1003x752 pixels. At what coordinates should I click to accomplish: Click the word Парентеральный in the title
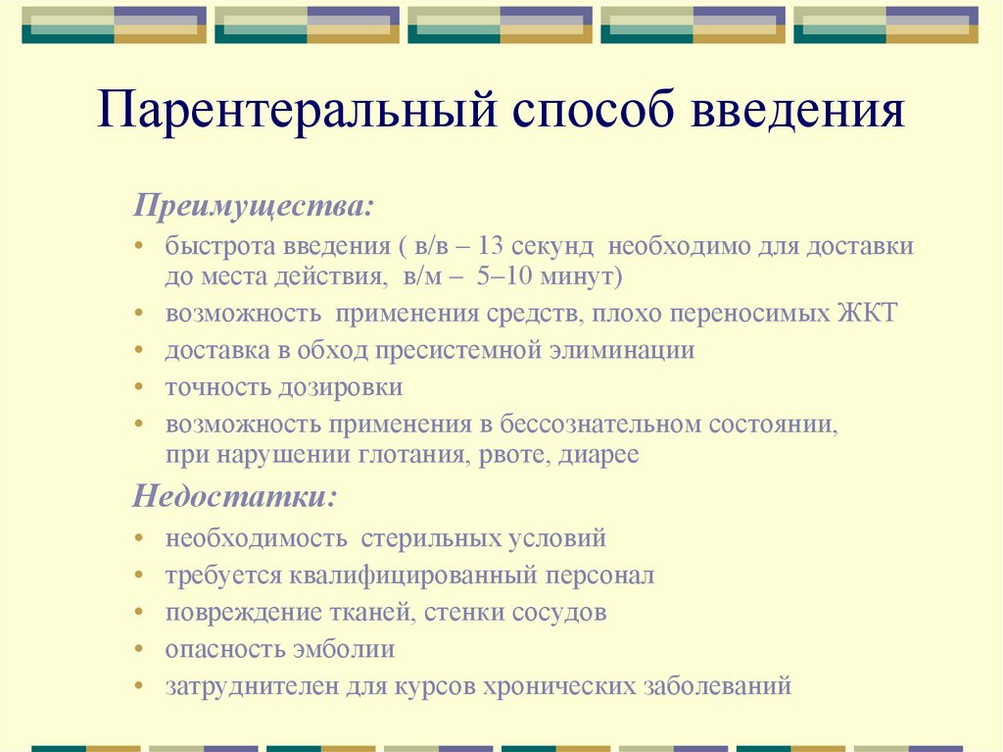[295, 112]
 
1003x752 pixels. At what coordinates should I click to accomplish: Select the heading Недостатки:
[234, 495]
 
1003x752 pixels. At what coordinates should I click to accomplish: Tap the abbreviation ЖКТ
[866, 314]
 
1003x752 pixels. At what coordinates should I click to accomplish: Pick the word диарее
[599, 455]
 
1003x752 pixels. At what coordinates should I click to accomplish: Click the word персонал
[599, 576]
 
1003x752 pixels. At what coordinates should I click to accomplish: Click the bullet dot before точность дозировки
[142, 387]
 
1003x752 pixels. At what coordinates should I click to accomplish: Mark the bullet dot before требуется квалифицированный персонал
[142, 577]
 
